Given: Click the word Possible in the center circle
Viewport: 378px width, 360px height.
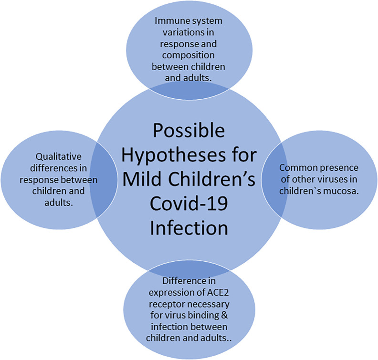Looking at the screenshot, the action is pyautogui.click(x=189, y=130).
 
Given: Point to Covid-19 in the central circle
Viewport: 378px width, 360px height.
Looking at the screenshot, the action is pyautogui.click(x=189, y=204).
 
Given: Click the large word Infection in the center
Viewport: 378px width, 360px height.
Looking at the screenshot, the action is pyautogui.click(x=189, y=227).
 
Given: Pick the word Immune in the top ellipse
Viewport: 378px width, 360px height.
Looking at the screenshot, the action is pyautogui.click(x=170, y=21).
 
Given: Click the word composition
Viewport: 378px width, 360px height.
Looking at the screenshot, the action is pyautogui.click(x=188, y=55).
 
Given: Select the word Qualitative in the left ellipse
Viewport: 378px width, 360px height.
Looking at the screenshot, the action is pyautogui.click(x=59, y=157).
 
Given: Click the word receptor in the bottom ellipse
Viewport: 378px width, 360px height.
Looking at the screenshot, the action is pyautogui.click(x=168, y=304).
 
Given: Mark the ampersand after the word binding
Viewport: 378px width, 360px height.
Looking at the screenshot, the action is pyautogui.click(x=224, y=316).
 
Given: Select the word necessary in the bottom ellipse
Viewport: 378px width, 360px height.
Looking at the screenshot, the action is pyautogui.click(x=209, y=304).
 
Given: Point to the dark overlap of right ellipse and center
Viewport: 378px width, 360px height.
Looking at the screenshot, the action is pyautogui.click(x=274, y=179).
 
